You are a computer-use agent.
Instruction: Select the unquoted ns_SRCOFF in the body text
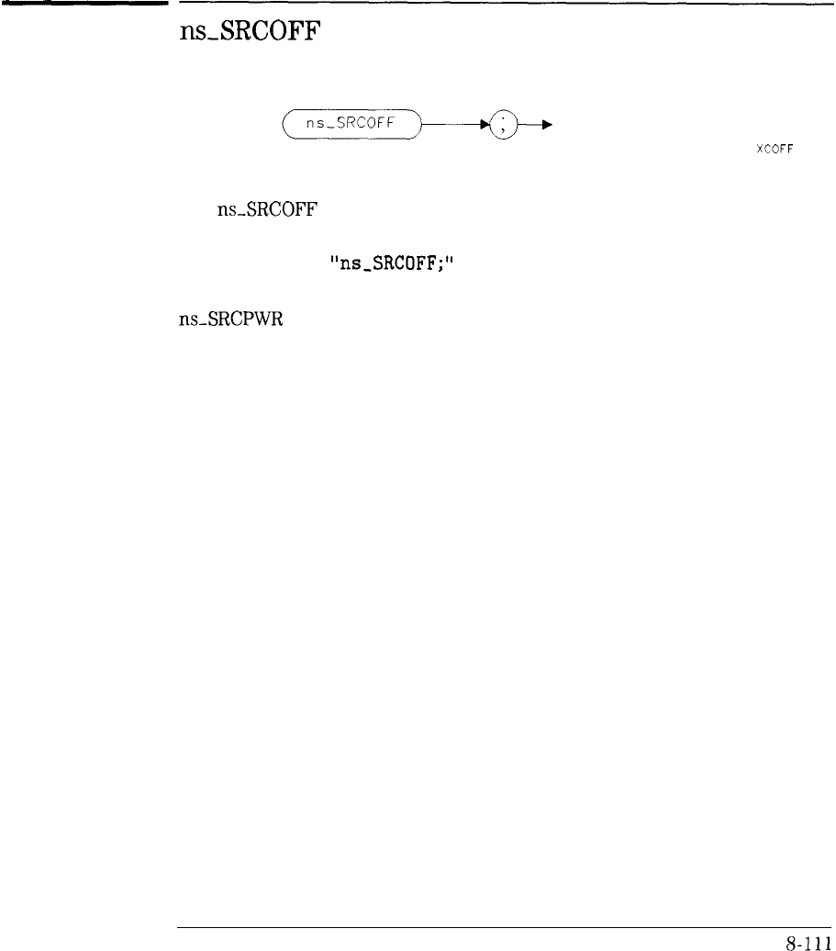(267, 210)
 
